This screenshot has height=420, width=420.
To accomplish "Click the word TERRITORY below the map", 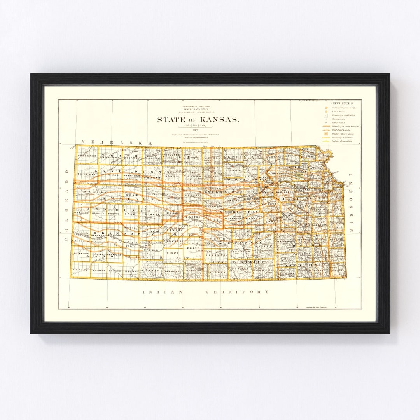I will [x=237, y=291].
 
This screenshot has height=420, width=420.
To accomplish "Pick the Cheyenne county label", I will [x=86, y=156].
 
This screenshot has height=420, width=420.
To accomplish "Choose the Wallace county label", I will [x=92, y=192].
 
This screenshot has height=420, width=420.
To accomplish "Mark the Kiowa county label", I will [x=172, y=252].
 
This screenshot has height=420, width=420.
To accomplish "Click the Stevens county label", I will [x=99, y=269].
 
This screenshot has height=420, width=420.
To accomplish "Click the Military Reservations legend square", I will [x=326, y=134].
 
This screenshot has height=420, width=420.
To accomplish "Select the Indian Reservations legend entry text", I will [x=342, y=141].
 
